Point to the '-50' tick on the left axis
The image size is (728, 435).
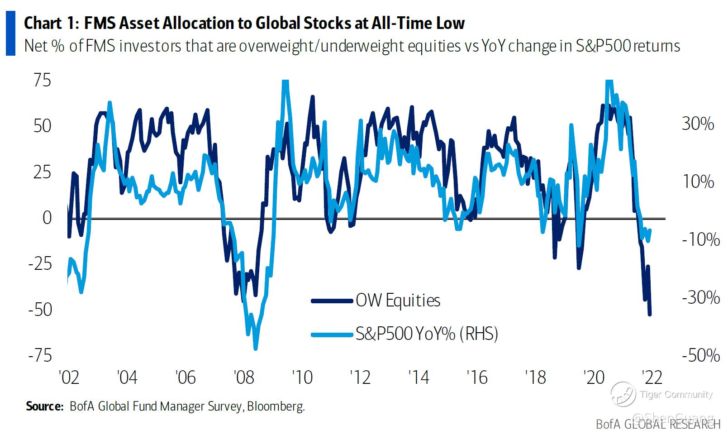[x=40, y=310]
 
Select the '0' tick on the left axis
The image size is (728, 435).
[x=47, y=218]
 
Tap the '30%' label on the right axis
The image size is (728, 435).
[x=698, y=124]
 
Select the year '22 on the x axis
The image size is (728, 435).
[x=652, y=377]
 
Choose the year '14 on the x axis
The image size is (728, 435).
[x=419, y=377]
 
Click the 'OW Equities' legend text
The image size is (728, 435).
[x=398, y=301]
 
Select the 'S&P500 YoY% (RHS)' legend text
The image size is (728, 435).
[x=427, y=334]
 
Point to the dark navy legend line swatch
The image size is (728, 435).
[x=332, y=301]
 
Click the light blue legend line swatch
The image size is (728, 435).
[x=332, y=335]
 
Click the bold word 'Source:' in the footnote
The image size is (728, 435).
[x=44, y=406]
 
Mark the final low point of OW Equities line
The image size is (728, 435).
[x=650, y=314]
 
